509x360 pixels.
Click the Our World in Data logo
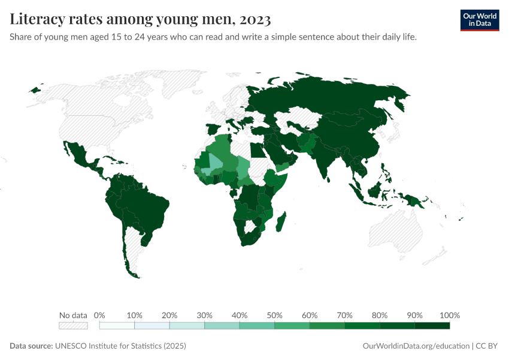pos(479,20)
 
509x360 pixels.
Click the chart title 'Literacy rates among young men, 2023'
pos(140,20)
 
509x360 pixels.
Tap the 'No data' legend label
pos(73,315)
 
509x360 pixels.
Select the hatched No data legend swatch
pos(73,326)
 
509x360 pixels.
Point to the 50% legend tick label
pos(274,315)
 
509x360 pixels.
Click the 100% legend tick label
pos(449,315)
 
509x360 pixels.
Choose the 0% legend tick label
pos(100,315)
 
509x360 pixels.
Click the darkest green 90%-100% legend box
pos(432,326)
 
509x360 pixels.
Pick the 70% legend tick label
pos(344,315)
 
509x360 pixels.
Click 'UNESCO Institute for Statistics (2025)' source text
pos(120,346)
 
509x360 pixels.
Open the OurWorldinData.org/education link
pos(416,346)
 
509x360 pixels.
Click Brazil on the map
pos(144,204)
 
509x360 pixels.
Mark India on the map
pos(327,159)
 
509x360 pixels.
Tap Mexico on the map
pos(78,154)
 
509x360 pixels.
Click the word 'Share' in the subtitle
pos(22,37)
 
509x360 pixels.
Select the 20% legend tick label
pos(169,315)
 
